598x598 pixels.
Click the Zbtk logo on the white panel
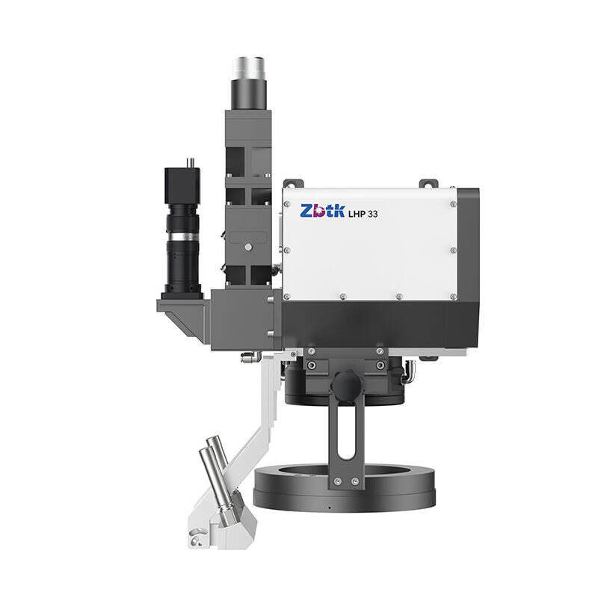322,211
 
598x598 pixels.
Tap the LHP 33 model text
363,214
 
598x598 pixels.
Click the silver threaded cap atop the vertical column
250,68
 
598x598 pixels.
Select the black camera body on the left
182,185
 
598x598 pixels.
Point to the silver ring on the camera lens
183,237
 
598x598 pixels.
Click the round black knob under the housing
346,386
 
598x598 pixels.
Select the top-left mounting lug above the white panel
293,183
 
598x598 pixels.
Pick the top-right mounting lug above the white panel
428,183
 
